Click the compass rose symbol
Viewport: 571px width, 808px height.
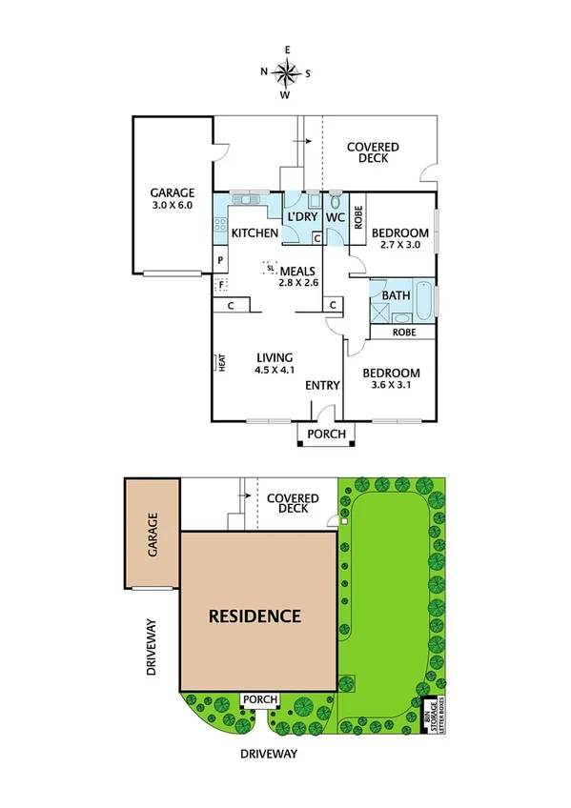[286, 71]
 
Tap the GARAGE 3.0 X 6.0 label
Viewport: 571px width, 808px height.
[173, 198]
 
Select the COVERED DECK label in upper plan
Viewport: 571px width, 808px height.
[373, 152]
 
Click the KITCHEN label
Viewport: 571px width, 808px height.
[255, 233]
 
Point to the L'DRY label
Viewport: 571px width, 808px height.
[302, 217]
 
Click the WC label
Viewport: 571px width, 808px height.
[335, 217]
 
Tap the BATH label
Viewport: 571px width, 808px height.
[396, 295]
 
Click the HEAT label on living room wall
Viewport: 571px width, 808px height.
[220, 363]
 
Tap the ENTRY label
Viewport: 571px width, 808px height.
[322, 385]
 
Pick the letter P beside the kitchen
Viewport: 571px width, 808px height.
[220, 260]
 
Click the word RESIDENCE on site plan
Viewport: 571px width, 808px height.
[255, 616]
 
